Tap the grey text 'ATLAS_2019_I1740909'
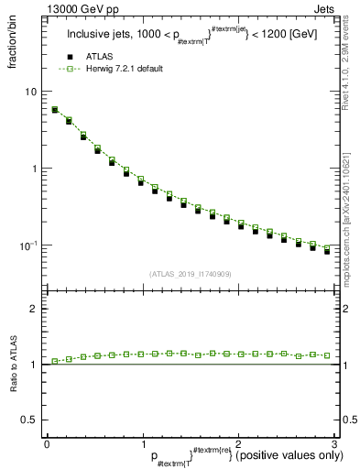[x=191, y=274]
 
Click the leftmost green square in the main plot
[x=55, y=109]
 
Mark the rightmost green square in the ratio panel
[x=326, y=354]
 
